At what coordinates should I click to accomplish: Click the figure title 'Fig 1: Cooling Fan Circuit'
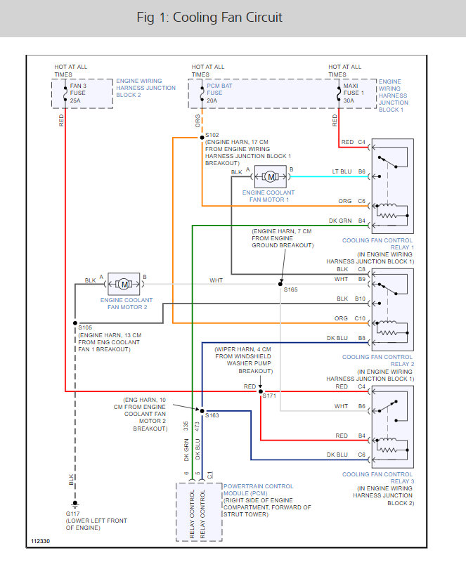(209, 18)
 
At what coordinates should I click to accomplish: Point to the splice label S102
(212, 134)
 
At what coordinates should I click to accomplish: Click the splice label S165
(290, 289)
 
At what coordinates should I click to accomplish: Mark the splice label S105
(85, 327)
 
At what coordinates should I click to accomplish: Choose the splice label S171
(269, 396)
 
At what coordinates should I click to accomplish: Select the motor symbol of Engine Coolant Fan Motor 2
(124, 284)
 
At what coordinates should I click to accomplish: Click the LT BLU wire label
(341, 171)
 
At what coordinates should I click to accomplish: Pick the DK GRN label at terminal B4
(339, 221)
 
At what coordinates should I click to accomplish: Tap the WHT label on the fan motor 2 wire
(216, 280)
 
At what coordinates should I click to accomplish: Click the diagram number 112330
(40, 542)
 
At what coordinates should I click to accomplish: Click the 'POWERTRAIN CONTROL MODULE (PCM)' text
(258, 490)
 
